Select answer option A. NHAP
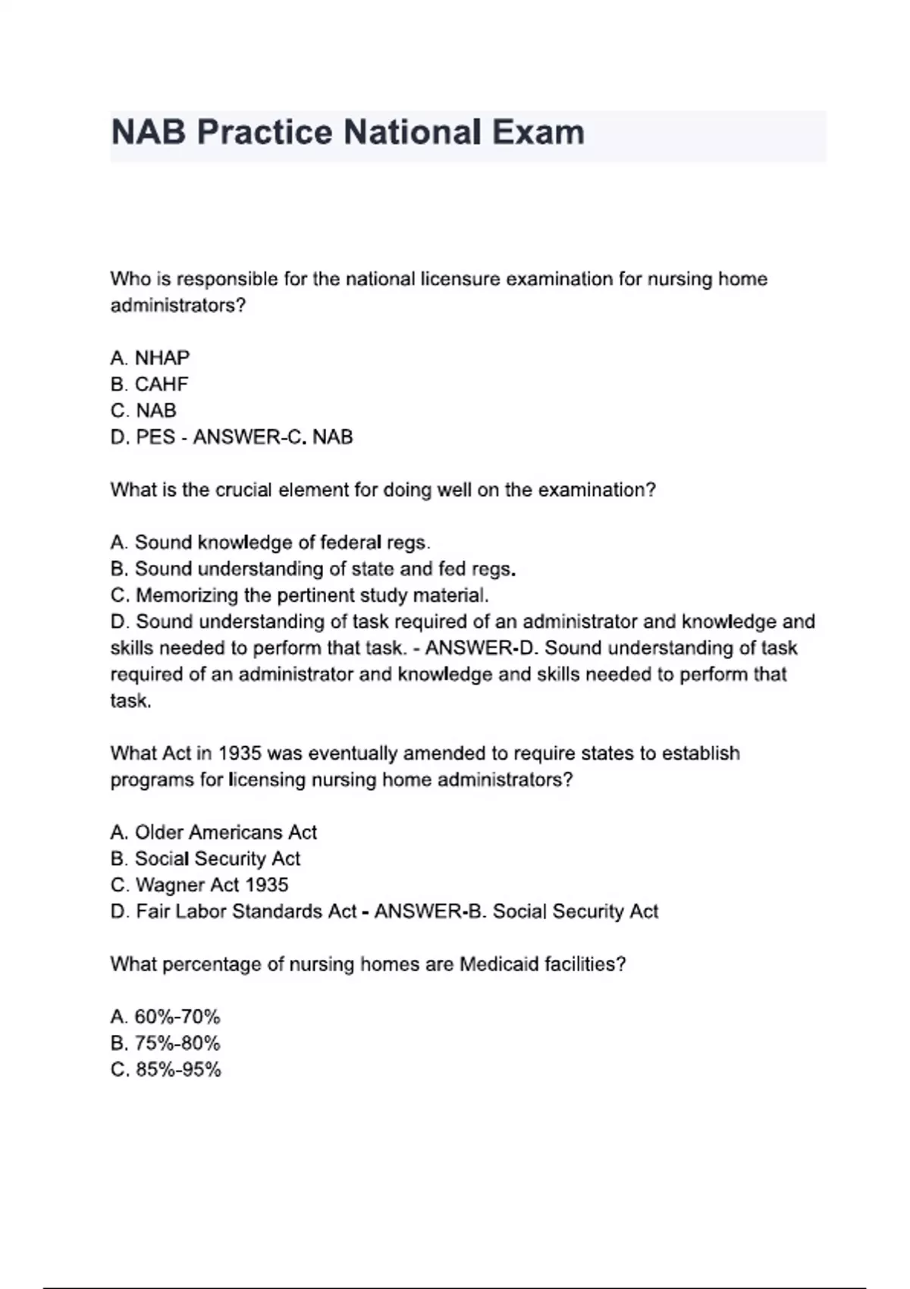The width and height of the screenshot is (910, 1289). tap(150, 357)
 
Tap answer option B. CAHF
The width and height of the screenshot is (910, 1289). tap(149, 384)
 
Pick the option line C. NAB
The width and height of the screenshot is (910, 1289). tap(143, 410)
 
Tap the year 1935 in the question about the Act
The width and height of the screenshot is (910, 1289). tap(240, 754)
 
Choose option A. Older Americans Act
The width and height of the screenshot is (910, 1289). tap(213, 833)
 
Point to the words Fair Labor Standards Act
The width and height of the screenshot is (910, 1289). tap(246, 911)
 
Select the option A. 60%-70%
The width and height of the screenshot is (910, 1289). tap(165, 1017)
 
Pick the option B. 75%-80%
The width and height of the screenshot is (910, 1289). tap(165, 1043)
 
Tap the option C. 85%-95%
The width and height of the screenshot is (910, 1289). tap(166, 1070)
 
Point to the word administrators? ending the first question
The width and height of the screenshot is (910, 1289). tap(178, 306)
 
